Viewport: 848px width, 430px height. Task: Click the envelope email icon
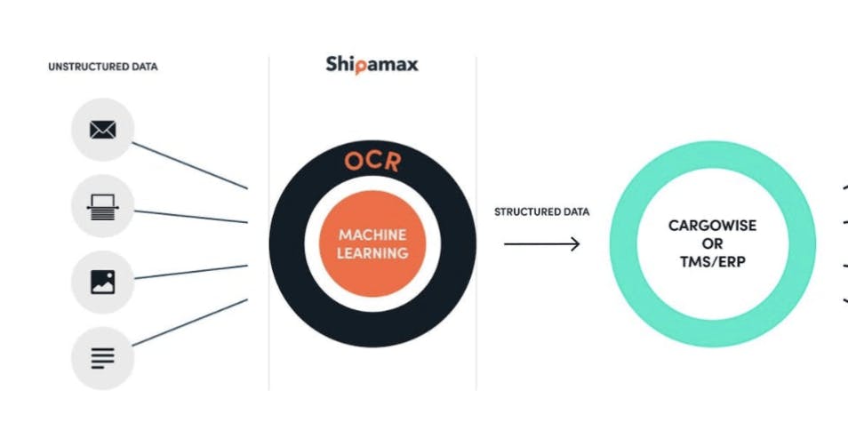(103, 130)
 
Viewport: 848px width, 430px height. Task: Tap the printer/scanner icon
(103, 207)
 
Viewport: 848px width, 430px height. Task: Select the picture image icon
(103, 282)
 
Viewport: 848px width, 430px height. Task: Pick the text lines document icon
(103, 358)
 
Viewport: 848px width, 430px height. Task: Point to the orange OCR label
(372, 161)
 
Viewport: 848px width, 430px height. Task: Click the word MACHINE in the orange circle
(372, 235)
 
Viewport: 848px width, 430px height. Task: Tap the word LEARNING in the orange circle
(372, 253)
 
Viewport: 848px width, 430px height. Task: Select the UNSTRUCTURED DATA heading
(103, 67)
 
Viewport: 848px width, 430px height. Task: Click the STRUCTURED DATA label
(542, 212)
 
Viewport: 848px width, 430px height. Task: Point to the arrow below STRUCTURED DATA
(542, 244)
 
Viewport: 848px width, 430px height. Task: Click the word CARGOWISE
(712, 226)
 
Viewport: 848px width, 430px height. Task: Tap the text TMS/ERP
(712, 262)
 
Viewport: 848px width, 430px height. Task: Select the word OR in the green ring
(712, 243)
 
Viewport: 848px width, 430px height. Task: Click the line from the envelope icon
(190, 165)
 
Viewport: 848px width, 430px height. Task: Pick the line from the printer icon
(191, 216)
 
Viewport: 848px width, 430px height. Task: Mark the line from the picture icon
(191, 272)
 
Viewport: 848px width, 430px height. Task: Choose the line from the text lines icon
(190, 322)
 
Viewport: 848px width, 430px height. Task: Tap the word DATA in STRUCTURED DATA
(576, 212)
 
